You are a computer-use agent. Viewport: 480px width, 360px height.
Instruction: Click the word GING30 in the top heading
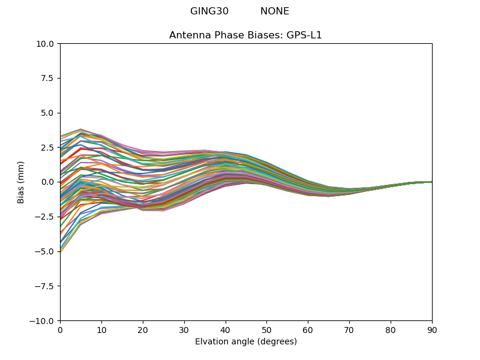click(209, 11)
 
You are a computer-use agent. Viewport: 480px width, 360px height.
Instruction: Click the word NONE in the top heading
click(274, 11)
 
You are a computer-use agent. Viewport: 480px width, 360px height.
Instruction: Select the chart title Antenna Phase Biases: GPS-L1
click(245, 35)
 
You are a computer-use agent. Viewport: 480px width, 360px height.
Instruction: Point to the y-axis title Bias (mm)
click(21, 182)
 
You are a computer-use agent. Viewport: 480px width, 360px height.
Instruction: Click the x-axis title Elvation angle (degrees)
click(245, 342)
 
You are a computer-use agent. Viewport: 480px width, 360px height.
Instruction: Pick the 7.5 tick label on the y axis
click(47, 78)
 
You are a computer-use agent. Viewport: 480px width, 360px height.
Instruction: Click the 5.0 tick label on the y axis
click(47, 113)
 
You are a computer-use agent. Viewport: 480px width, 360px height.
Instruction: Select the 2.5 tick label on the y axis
click(47, 148)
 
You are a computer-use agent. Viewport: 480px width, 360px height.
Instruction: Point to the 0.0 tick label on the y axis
click(47, 182)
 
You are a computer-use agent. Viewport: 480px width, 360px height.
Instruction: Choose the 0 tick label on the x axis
click(60, 330)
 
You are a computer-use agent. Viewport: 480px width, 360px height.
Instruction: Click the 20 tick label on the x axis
click(143, 330)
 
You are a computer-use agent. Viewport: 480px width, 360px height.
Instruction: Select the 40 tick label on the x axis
click(226, 330)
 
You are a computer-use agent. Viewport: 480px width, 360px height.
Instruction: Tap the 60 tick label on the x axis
click(308, 330)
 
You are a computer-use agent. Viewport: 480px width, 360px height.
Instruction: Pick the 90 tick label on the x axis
click(431, 330)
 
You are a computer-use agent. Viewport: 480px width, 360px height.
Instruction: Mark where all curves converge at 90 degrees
click(431, 182)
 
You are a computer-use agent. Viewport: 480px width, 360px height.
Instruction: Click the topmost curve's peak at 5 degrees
click(80, 129)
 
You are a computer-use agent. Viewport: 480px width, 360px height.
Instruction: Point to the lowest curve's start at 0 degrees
click(61, 252)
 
